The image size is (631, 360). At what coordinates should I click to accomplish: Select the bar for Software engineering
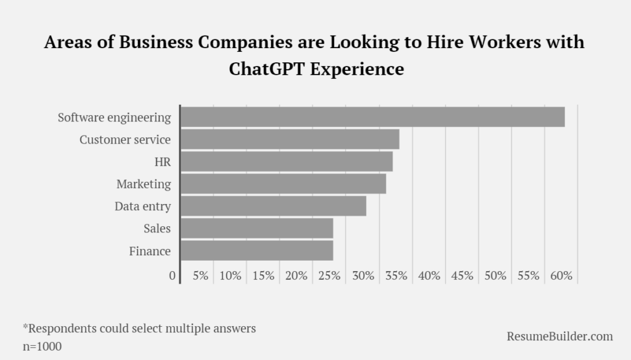372,117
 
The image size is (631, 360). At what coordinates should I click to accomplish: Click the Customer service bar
290,139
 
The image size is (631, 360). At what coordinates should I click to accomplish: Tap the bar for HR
287,162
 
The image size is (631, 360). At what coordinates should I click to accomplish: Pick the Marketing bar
283,184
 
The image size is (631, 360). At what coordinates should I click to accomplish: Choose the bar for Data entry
274,206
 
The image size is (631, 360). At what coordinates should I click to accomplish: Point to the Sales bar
257,228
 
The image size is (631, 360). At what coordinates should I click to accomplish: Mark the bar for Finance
257,250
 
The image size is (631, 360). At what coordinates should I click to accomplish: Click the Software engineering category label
114,117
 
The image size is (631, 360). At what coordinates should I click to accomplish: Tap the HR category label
163,162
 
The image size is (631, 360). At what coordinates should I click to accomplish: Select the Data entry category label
142,207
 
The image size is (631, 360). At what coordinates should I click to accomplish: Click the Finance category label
150,251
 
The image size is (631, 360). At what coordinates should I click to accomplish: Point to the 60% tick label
561,276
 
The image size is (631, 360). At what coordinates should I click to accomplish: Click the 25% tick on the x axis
329,276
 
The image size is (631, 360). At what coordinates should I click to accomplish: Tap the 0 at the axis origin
173,276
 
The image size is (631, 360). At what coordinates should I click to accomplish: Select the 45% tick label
462,276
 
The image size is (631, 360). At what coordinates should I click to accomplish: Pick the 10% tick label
230,276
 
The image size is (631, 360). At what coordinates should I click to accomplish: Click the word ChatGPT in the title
267,68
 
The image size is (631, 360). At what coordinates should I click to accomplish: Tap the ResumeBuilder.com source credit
560,336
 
